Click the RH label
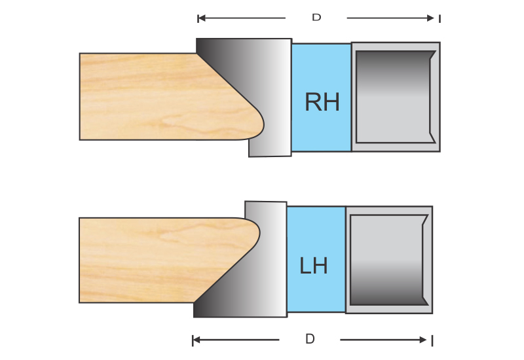click(322, 102)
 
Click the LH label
click(314, 266)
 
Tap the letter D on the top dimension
click(316, 18)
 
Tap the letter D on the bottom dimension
click(310, 339)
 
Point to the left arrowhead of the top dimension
click(202, 18)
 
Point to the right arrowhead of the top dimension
click(430, 18)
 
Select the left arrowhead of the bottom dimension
click(196, 340)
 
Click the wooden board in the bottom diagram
click(144, 260)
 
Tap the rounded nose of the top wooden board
click(257, 121)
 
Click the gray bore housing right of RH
click(395, 97)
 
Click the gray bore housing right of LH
click(388, 260)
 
